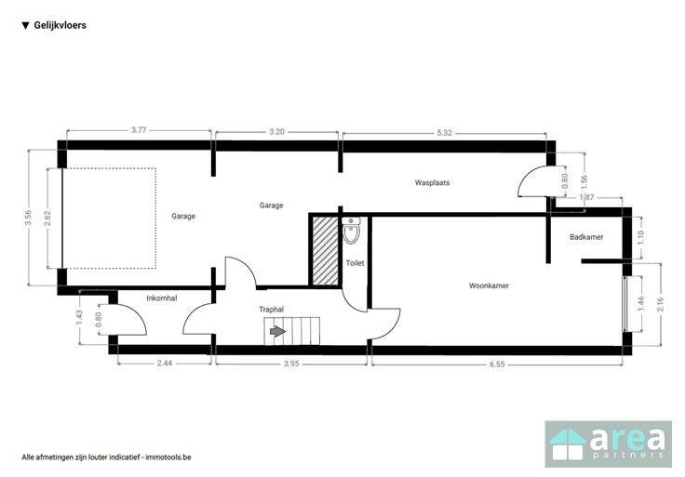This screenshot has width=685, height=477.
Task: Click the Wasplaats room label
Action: point(432,182)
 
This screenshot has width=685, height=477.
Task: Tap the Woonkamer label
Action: point(489,285)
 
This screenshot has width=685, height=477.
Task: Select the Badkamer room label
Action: point(586,237)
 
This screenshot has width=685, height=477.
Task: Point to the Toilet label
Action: point(356,263)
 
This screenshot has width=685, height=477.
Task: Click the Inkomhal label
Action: point(162,298)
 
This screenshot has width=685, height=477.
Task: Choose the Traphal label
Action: point(271,310)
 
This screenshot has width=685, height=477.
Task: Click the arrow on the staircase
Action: point(278,332)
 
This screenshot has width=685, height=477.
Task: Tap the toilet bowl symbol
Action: point(351,231)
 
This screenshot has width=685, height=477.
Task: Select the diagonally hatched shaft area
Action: point(326,251)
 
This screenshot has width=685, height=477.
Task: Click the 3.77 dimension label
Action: point(139,130)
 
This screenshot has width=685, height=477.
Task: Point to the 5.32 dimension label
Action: point(444,133)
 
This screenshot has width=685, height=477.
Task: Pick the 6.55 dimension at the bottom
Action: point(497,364)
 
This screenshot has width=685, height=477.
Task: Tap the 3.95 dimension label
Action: point(291,364)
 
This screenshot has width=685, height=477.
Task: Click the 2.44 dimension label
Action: point(164,363)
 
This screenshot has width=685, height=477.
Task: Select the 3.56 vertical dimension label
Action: point(28,218)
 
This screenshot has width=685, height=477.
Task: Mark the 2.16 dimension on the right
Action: point(660,304)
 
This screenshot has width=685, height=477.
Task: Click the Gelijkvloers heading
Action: point(60,25)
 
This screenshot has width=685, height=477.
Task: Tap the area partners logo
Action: point(608,444)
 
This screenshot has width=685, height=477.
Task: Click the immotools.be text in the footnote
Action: point(168,457)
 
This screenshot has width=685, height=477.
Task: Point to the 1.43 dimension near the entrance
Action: point(79,317)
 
